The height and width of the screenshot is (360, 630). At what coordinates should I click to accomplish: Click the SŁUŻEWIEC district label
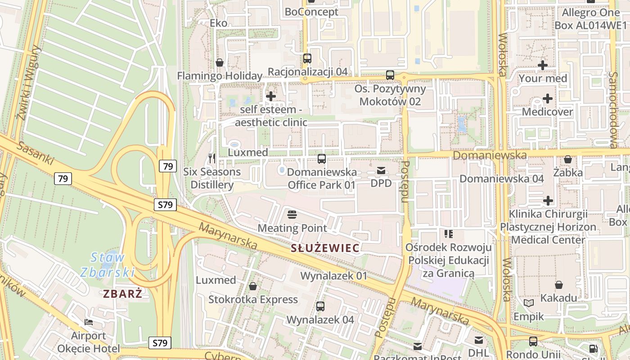[x=325, y=248]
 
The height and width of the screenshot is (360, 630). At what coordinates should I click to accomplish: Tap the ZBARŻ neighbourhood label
[x=123, y=294]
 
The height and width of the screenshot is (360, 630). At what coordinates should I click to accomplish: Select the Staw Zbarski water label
[x=108, y=265]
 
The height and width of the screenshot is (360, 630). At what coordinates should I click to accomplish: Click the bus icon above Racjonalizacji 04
[x=307, y=58]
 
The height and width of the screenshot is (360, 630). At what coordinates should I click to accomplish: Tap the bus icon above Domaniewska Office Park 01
[x=322, y=159]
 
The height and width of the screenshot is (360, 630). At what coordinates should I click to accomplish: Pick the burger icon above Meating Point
[x=292, y=214]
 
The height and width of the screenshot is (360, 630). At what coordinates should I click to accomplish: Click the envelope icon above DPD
[x=381, y=171]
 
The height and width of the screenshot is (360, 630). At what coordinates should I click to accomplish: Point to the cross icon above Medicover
[x=548, y=99]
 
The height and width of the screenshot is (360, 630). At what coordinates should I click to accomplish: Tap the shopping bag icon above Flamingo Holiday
[x=220, y=63]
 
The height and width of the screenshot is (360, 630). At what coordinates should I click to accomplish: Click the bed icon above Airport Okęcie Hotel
[x=89, y=322]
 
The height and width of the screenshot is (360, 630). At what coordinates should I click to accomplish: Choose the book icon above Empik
[x=529, y=303]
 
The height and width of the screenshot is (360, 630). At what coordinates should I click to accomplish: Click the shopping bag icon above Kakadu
[x=558, y=285]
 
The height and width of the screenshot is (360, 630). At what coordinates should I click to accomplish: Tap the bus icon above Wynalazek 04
[x=320, y=306]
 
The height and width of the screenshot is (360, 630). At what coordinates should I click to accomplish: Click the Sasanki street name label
[x=36, y=153]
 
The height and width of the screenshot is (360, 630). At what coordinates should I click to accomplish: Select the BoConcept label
[x=311, y=12]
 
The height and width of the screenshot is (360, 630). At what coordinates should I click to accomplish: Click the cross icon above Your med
[x=543, y=65]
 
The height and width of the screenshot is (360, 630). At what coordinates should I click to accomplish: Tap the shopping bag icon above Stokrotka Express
[x=253, y=286]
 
